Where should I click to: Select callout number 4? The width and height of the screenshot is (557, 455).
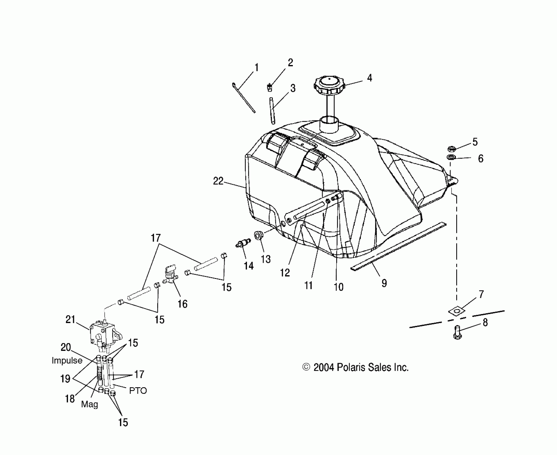(369, 78)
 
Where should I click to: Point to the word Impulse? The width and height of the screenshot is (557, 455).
(67, 361)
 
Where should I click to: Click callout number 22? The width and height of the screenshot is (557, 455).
(218, 181)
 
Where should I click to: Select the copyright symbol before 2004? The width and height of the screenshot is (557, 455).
(306, 367)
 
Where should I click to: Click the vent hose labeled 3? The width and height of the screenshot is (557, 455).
(272, 111)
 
